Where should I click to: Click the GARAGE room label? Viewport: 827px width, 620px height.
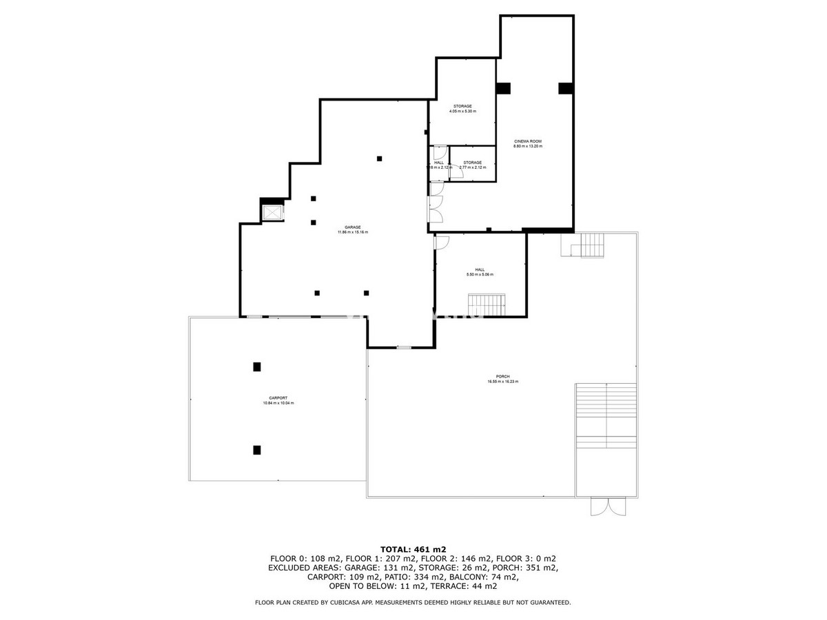(x=352, y=227)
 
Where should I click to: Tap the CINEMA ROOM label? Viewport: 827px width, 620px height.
(x=527, y=141)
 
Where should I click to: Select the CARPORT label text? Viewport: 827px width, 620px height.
(x=278, y=398)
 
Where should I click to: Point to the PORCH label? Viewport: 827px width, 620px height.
(x=502, y=376)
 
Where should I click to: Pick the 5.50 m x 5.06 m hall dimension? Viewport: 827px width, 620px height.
(x=480, y=274)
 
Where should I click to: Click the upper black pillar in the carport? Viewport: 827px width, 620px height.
(x=257, y=366)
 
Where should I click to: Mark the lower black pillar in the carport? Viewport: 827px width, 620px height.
(x=257, y=450)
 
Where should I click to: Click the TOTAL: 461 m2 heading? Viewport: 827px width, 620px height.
(x=413, y=549)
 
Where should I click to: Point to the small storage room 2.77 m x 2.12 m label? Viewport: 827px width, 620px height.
(x=472, y=165)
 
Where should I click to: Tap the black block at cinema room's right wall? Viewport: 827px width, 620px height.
(x=565, y=88)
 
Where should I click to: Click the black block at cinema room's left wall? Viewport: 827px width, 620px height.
(x=503, y=88)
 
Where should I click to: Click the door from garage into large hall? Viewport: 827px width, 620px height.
(x=441, y=242)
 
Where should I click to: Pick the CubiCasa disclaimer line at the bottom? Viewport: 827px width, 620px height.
(x=413, y=603)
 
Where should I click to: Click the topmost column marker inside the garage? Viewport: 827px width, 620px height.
(x=379, y=159)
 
